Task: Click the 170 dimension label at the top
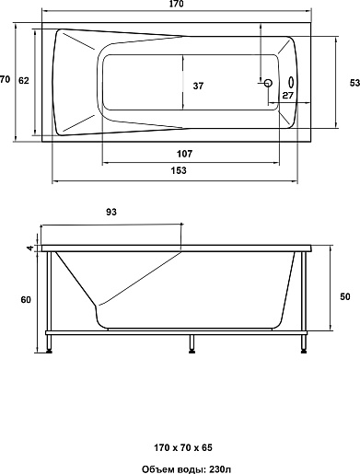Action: tap(176, 4)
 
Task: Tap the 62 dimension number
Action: tap(24, 81)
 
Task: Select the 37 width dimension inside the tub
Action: tap(198, 86)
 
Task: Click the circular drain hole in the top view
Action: tap(268, 83)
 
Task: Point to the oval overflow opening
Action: tap(291, 82)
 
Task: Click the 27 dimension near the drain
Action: tap(287, 96)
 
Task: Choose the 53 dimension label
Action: tap(354, 83)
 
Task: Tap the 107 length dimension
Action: tap(184, 154)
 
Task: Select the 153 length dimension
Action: tap(179, 170)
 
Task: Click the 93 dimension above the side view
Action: tap(111, 212)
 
